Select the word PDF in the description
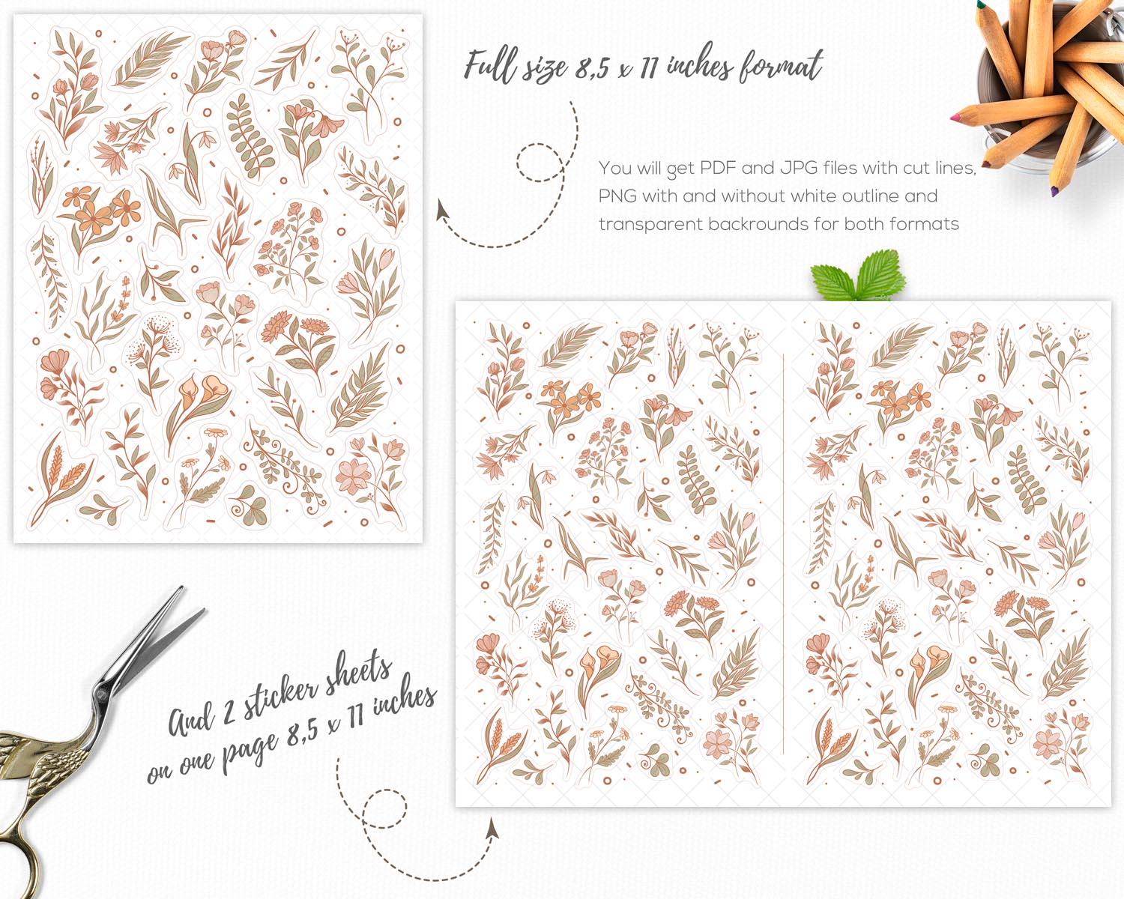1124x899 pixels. [x=718, y=168]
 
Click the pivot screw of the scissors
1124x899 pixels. [x=101, y=694]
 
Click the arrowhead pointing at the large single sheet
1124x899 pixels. [x=443, y=210]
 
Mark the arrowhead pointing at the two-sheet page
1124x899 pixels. [x=492, y=829]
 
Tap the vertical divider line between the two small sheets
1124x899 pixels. [x=784, y=554]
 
